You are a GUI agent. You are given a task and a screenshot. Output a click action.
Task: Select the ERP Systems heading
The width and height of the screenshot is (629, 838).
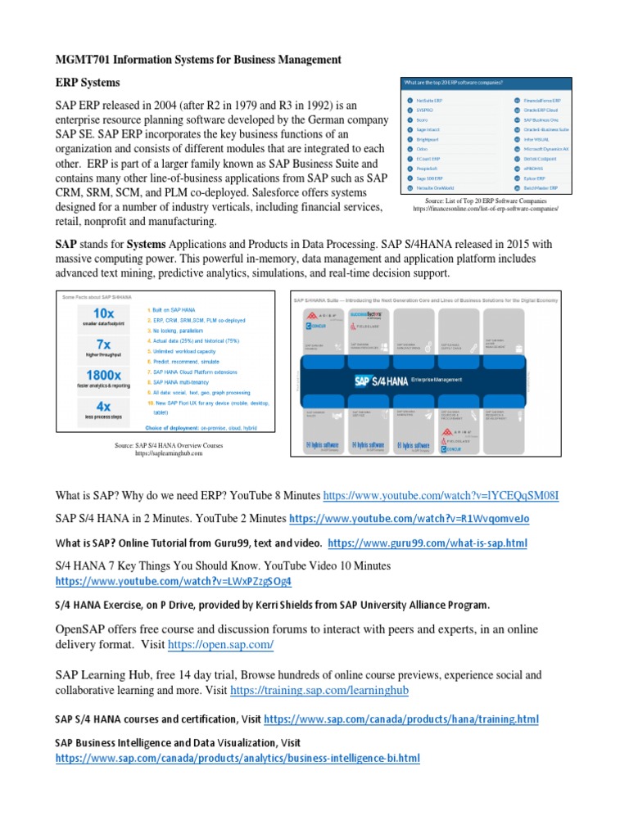pos(87,83)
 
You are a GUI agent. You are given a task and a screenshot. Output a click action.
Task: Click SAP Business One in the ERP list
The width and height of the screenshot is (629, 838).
pos(540,119)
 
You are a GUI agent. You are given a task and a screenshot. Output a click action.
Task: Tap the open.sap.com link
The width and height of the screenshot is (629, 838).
pos(220,646)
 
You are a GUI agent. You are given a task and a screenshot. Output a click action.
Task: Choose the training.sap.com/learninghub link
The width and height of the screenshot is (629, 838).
pos(319,691)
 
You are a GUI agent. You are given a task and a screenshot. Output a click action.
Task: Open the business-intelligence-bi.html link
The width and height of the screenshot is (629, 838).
pos(238,759)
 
